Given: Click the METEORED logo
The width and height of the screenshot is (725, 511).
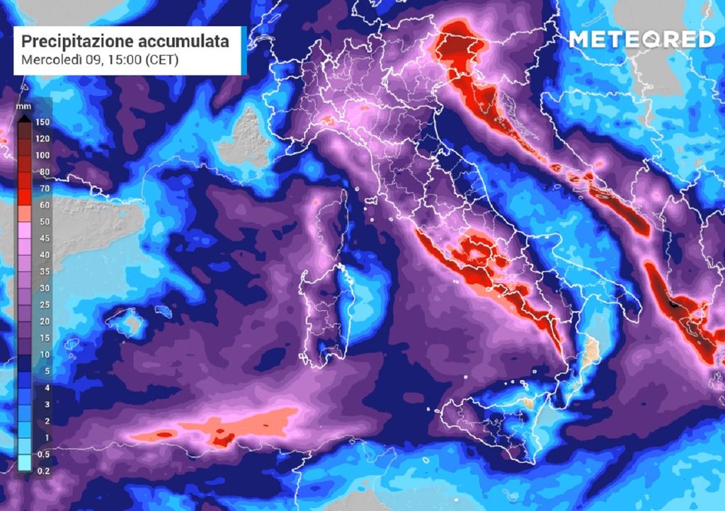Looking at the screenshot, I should coord(641,40).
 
